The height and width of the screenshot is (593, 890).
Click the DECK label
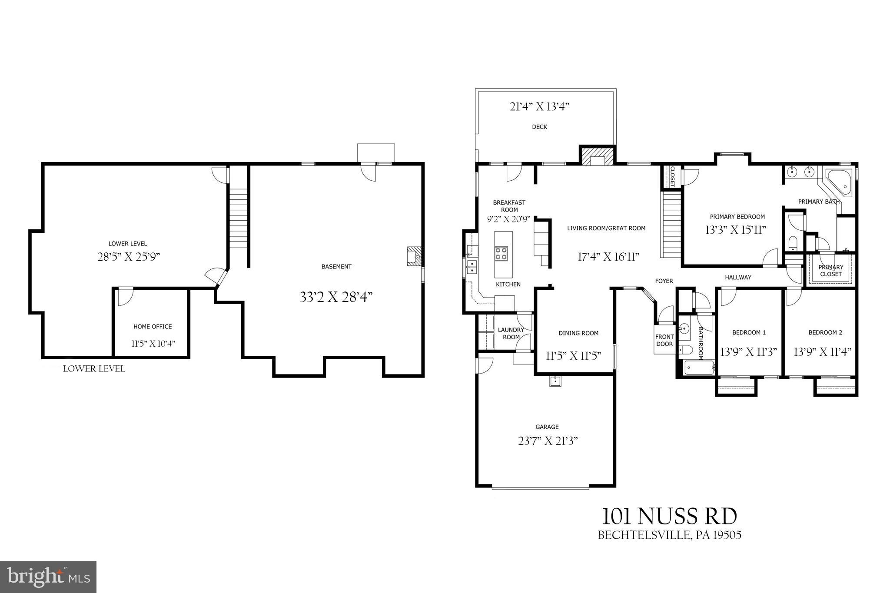point(539,127)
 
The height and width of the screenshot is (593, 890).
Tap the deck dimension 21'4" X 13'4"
point(539,106)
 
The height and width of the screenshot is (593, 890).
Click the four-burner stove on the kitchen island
point(501,253)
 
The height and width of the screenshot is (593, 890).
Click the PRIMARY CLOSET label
point(831,271)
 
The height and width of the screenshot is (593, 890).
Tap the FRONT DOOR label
point(664,340)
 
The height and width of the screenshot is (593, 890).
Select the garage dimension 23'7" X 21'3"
point(548,441)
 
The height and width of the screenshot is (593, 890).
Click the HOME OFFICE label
point(153,327)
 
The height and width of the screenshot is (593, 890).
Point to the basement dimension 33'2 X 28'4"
point(336,297)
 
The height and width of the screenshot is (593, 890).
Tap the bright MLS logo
point(48,576)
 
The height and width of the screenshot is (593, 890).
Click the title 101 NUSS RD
point(669,517)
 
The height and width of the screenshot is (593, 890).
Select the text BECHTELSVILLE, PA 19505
point(669,535)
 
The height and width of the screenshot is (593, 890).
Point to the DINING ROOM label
point(578,333)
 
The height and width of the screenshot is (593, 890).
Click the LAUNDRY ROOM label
point(511,334)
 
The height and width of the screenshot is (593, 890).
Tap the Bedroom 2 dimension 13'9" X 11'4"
point(822,351)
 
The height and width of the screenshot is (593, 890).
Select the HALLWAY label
point(738,277)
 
